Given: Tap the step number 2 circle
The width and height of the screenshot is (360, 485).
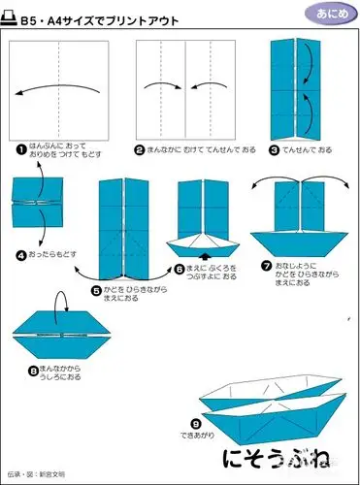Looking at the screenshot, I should tap(140, 149).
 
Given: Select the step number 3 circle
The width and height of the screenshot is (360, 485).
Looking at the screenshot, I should tap(276, 149).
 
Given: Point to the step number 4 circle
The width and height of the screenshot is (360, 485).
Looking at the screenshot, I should tap(20, 255).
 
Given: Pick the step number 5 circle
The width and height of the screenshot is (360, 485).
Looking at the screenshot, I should tap(95, 288).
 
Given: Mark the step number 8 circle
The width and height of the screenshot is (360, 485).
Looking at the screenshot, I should tap(35, 369).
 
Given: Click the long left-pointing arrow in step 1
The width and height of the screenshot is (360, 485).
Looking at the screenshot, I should tap(58, 92).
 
